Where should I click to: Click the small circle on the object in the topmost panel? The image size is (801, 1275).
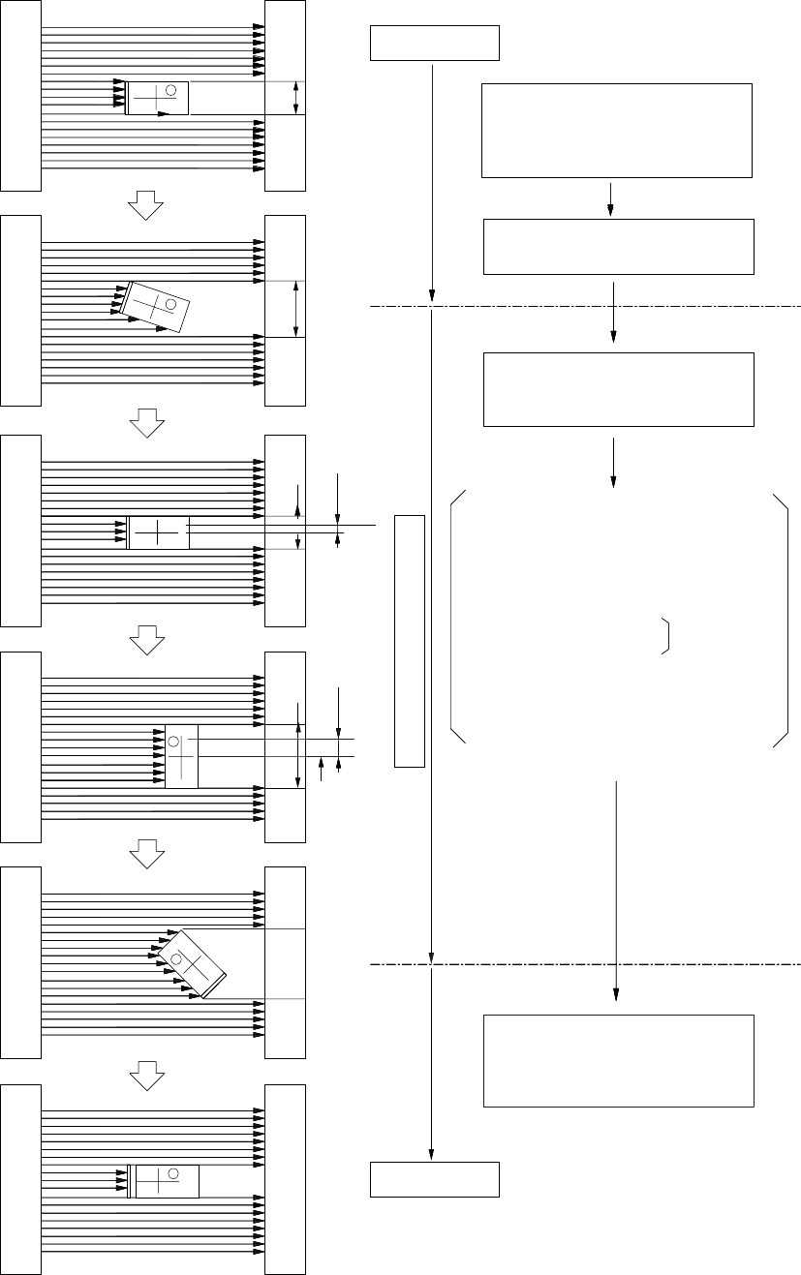[x=170, y=90]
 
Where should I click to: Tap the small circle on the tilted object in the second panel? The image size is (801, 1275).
[x=170, y=304]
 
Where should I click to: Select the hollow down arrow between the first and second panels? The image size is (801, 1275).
[x=144, y=204]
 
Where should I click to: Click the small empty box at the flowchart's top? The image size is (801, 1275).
[x=435, y=44]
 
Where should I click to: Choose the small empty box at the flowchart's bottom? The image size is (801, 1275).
[x=435, y=1179]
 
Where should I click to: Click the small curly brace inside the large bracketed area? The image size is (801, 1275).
[x=667, y=635]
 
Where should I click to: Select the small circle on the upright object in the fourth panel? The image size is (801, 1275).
[x=174, y=742]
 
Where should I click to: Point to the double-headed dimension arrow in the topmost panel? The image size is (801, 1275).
[x=296, y=98]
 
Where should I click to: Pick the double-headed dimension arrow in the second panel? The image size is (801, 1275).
[x=295, y=309]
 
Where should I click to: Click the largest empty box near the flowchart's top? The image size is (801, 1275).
[x=617, y=131]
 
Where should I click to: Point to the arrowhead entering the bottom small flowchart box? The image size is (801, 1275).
[x=430, y=1155]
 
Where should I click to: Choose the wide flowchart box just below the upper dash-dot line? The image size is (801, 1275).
[x=618, y=389]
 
